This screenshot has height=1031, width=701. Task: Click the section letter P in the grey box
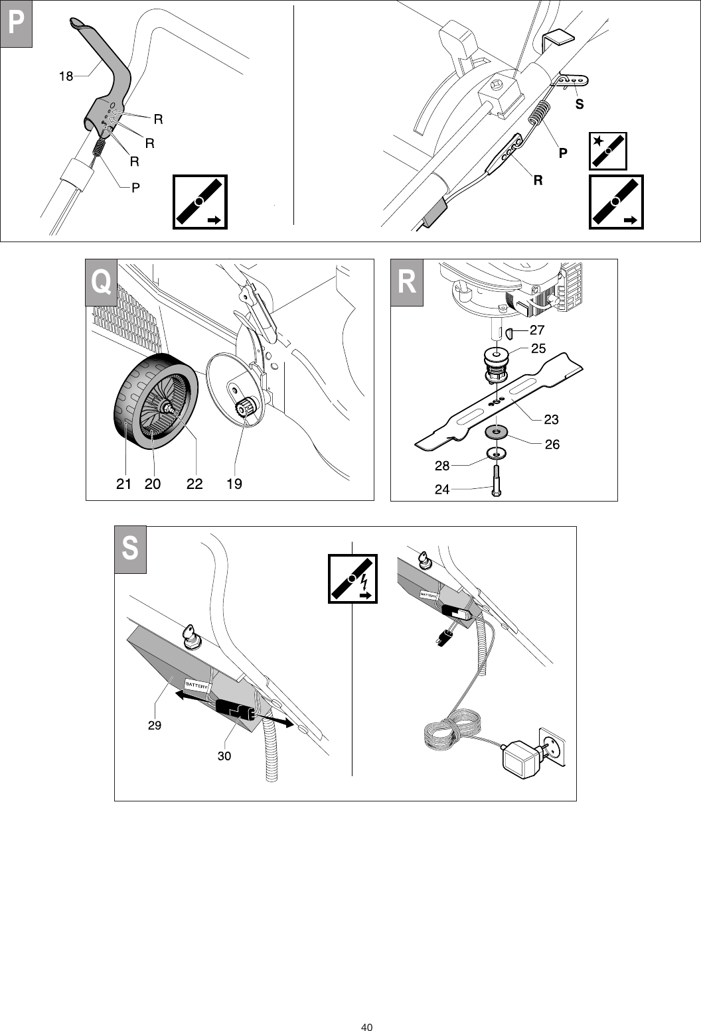[16, 24]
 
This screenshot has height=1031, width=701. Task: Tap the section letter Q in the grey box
[102, 282]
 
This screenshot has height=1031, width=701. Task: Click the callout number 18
[66, 76]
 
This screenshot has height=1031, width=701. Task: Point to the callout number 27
[537, 330]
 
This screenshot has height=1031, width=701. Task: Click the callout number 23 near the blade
[551, 419]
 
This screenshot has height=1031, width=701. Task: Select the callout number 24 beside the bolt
[442, 490]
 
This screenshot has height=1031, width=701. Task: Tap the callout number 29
[154, 726]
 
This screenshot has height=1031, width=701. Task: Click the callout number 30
[224, 756]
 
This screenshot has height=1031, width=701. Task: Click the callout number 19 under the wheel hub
[234, 484]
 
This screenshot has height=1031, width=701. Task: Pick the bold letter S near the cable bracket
[580, 104]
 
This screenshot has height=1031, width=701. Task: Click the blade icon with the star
[607, 151]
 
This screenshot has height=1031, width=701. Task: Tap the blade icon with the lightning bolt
[352, 579]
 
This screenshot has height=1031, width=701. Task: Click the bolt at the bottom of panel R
[496, 481]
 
